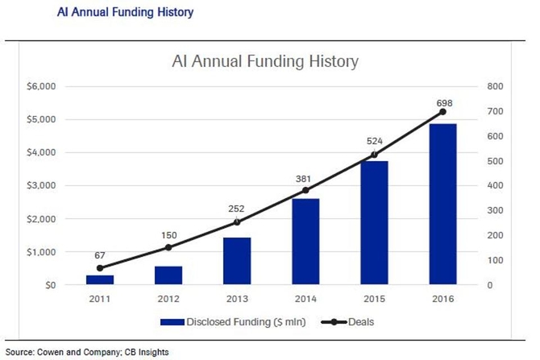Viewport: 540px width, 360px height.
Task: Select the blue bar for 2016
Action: coord(443,205)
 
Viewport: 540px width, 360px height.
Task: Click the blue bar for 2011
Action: coord(100,279)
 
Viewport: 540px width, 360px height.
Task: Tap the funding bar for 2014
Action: coord(306,242)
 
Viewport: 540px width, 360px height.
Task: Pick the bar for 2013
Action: coord(237,261)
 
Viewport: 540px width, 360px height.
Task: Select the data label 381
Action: coord(306,177)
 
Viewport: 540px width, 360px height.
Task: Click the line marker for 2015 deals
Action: coord(375,155)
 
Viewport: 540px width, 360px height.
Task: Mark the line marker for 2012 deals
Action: coord(168,247)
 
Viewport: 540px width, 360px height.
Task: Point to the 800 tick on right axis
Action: coord(494,86)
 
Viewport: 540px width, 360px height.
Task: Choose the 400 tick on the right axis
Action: coord(494,186)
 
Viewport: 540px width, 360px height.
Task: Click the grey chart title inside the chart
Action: coord(265,61)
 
